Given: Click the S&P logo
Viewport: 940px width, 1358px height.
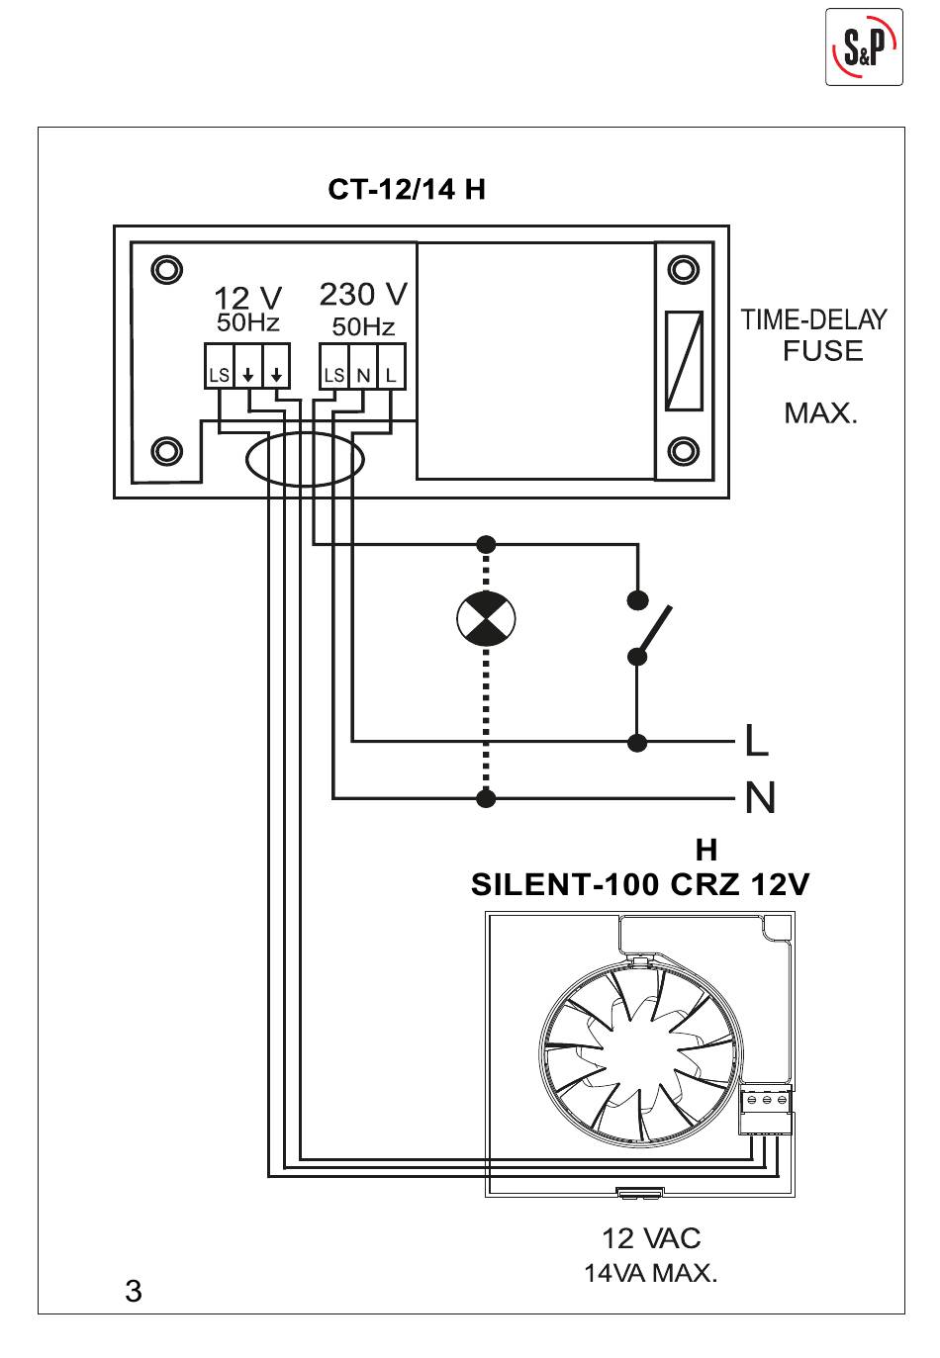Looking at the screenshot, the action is [864, 46].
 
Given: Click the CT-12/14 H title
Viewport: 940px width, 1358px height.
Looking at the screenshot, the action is [407, 189].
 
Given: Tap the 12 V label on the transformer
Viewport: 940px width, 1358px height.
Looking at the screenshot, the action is [247, 298].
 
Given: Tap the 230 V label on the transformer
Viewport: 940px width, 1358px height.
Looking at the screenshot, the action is [363, 294].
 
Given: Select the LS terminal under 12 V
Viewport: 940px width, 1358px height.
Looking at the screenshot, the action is [219, 366].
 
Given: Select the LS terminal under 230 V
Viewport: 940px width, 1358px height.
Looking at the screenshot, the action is [334, 366].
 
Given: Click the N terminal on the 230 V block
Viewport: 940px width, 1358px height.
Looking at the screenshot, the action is [363, 366].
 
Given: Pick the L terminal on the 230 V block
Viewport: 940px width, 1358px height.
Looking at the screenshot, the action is [391, 366].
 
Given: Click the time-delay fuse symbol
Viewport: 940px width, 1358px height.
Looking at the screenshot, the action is [684, 361].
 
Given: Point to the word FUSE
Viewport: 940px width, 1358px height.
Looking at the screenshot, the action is [822, 351].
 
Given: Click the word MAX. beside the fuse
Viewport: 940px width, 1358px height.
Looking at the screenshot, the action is [820, 413].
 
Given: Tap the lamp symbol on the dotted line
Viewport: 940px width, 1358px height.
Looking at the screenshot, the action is [486, 619].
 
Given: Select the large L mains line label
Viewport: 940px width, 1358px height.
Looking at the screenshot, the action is [756, 740].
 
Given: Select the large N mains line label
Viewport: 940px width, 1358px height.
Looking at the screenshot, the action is [760, 798].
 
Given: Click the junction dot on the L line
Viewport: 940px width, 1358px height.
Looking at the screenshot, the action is [637, 742].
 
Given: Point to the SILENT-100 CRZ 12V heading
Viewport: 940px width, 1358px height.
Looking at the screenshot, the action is [640, 884].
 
